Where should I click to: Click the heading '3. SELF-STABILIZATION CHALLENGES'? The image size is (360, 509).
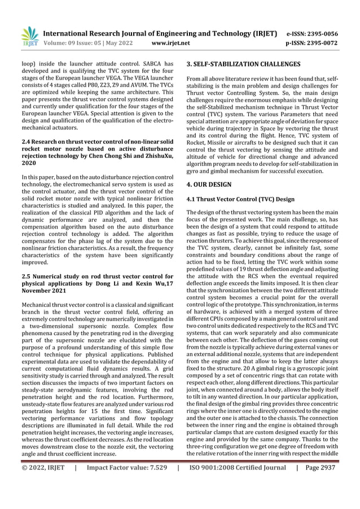click(244, 64)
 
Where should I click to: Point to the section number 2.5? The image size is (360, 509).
click(27, 276)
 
